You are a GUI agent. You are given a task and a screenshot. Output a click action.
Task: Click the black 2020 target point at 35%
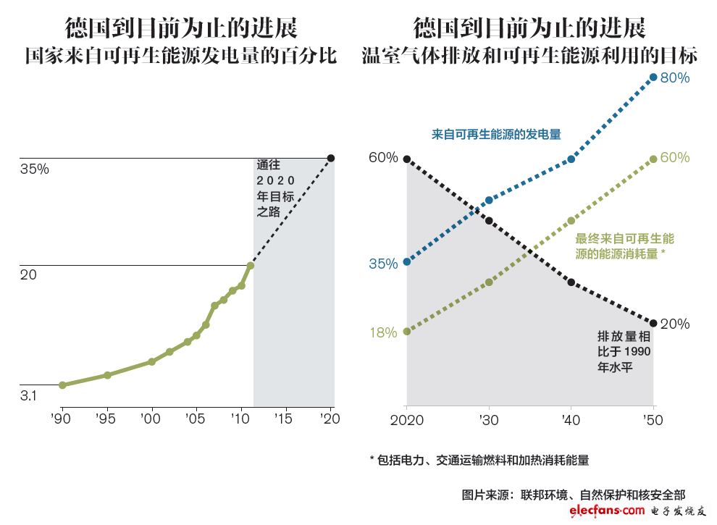[331, 158]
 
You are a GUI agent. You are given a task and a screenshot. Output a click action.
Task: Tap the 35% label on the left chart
[34, 169]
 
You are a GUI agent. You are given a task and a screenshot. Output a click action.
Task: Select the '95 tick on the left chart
[107, 418]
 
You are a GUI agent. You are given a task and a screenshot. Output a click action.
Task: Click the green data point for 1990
[62, 385]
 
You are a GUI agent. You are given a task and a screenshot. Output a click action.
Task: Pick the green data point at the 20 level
[251, 265]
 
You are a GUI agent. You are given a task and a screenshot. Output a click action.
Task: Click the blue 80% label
[675, 77]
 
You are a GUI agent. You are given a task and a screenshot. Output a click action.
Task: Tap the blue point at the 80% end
[653, 77]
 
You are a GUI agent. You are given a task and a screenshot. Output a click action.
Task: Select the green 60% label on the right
[675, 158]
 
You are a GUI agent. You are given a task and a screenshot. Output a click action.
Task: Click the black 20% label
[675, 324]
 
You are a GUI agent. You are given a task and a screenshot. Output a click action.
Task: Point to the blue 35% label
[383, 264]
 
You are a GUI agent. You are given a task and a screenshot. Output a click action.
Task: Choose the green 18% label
[383, 332]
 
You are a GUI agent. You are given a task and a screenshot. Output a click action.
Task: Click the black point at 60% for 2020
[407, 159]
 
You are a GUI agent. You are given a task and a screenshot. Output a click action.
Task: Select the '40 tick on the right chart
[571, 421]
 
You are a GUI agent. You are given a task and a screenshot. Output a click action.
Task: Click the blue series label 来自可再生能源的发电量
[496, 134]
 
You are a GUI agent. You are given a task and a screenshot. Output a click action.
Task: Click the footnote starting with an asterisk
[479, 459]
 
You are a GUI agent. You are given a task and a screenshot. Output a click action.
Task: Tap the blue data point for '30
[489, 200]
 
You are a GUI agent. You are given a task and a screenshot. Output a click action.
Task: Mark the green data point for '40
[571, 220]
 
